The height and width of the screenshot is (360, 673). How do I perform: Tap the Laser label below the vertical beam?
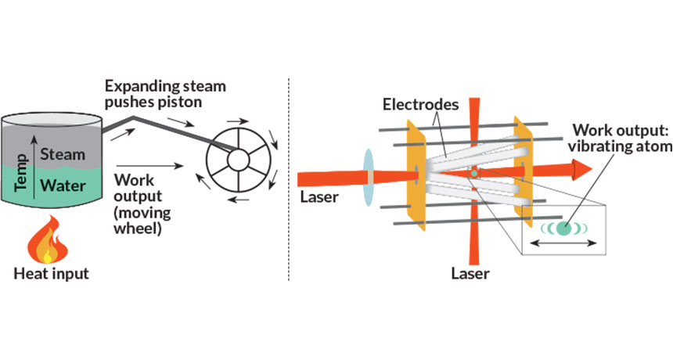tap(471, 274)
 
